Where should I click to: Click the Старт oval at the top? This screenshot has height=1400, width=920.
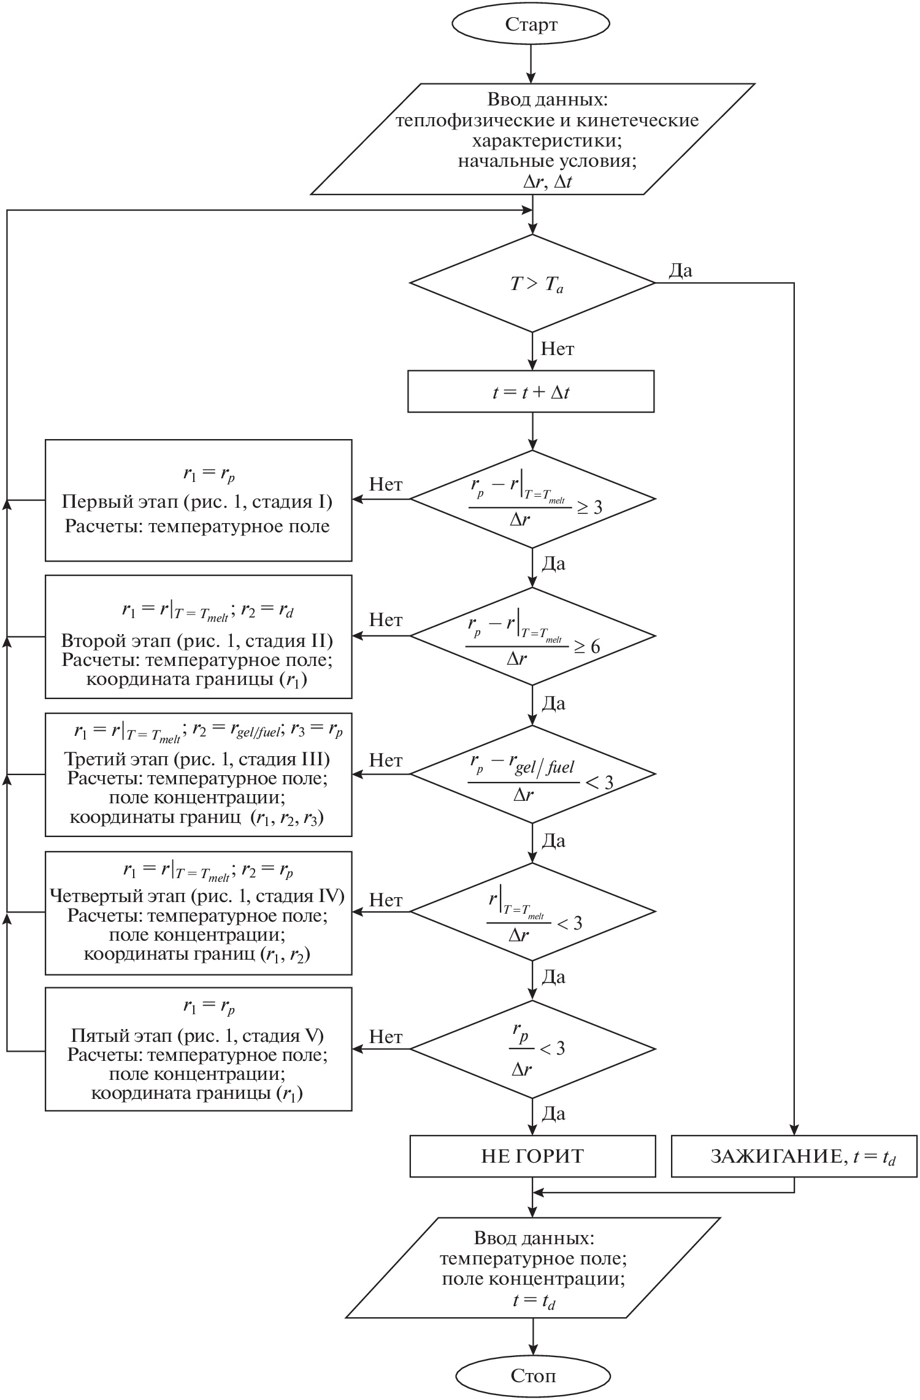tap(531, 24)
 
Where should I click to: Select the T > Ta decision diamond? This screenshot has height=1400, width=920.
tap(532, 283)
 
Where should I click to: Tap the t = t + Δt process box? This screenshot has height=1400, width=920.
tap(531, 391)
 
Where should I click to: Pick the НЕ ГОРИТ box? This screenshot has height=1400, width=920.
tap(532, 1157)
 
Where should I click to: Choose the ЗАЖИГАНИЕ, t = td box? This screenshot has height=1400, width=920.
tap(794, 1157)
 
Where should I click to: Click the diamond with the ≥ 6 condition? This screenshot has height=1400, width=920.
tap(532, 636)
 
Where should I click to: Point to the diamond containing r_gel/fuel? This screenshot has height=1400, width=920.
tap(532, 774)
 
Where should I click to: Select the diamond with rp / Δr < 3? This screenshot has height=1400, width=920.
tap(532, 1049)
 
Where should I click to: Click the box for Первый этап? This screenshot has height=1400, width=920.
tap(198, 500)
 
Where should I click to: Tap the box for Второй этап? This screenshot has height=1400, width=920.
tap(198, 637)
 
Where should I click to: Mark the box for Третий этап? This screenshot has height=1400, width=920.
tap(198, 774)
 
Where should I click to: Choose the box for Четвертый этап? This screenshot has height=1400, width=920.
tap(198, 912)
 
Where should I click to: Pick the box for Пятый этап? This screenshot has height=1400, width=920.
tap(198, 1049)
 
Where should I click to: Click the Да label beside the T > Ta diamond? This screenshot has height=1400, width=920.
tap(680, 270)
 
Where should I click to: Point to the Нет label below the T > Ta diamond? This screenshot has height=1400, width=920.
tap(558, 350)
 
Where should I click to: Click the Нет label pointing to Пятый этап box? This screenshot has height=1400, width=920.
tap(386, 1036)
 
